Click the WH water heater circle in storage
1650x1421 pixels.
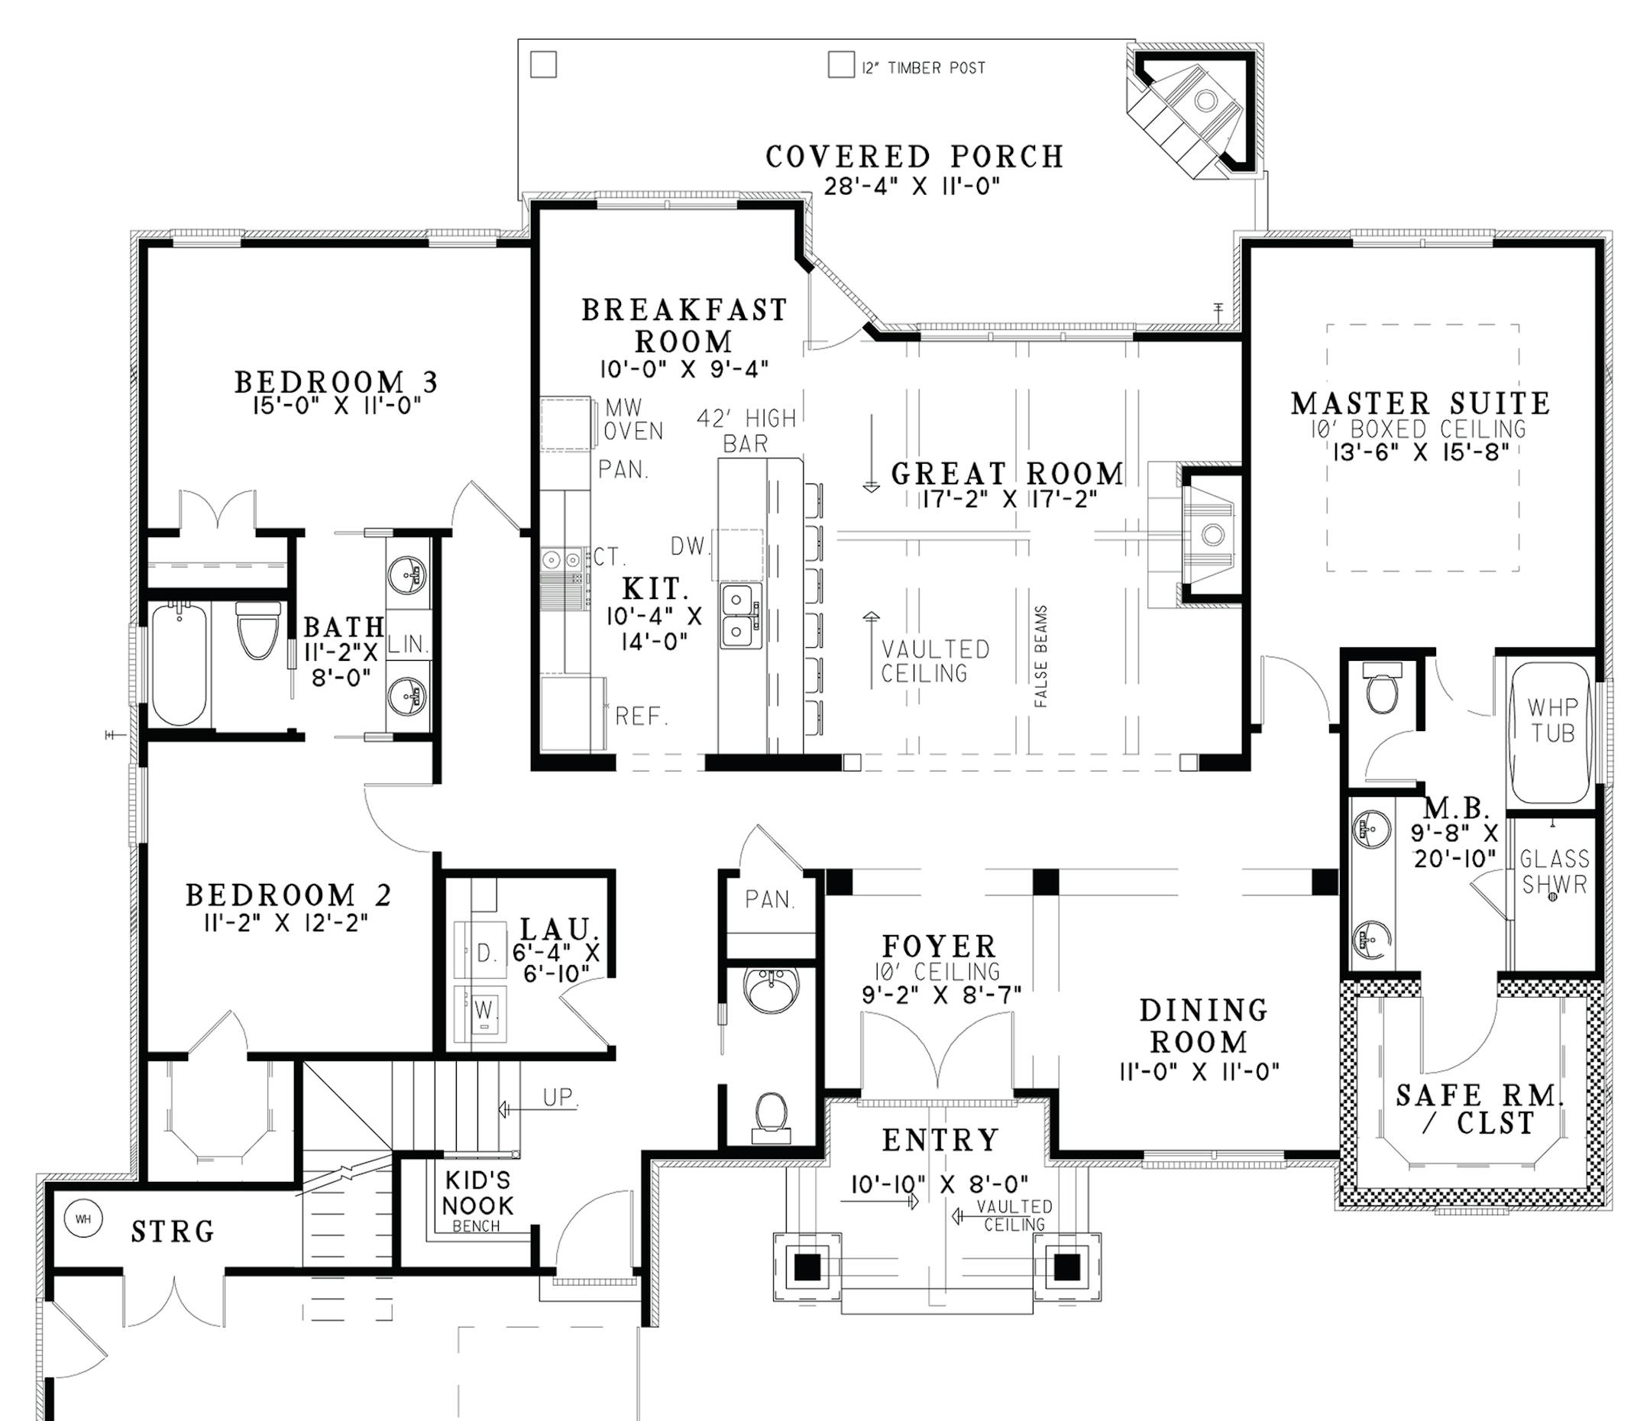point(82,1219)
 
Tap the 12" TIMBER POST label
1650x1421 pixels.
point(924,69)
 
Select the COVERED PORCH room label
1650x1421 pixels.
point(914,157)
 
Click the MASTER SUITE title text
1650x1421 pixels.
point(1420,403)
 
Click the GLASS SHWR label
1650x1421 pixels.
point(1554,871)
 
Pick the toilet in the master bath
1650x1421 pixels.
point(1383,691)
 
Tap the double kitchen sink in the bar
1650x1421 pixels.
point(740,616)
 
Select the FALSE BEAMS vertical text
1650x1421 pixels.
point(1041,657)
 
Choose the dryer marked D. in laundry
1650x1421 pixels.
point(481,953)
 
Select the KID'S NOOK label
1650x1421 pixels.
point(477,1193)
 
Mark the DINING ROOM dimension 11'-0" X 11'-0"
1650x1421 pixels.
point(1199,1071)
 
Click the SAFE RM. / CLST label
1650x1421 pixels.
point(1480,1109)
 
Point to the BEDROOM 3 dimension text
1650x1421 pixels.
point(336,406)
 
